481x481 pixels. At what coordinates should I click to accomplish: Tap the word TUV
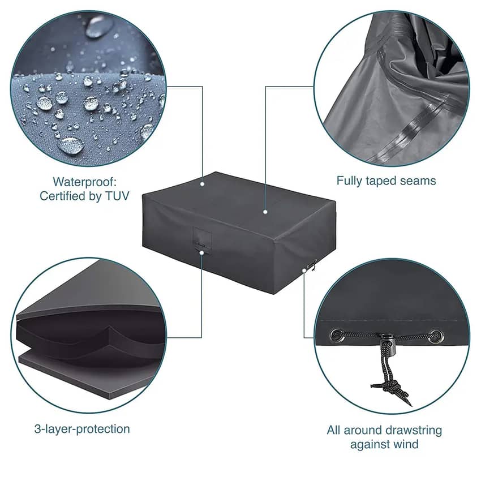click(x=118, y=196)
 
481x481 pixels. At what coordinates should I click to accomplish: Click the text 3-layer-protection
click(x=82, y=429)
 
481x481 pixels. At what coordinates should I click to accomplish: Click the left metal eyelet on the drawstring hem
click(x=337, y=334)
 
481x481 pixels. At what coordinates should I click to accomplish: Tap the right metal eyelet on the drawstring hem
click(x=435, y=336)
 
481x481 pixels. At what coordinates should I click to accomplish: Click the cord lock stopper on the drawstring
click(x=388, y=343)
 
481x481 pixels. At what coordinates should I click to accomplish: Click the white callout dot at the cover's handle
click(x=201, y=252)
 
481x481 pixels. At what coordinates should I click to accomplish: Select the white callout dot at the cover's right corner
click(x=304, y=270)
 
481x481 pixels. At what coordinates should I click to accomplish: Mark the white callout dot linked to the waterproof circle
click(x=202, y=184)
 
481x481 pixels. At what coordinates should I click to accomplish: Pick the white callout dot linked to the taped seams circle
click(x=265, y=212)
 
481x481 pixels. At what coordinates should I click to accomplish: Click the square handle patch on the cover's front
click(x=202, y=236)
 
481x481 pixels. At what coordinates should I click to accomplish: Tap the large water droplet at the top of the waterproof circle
click(x=99, y=26)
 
